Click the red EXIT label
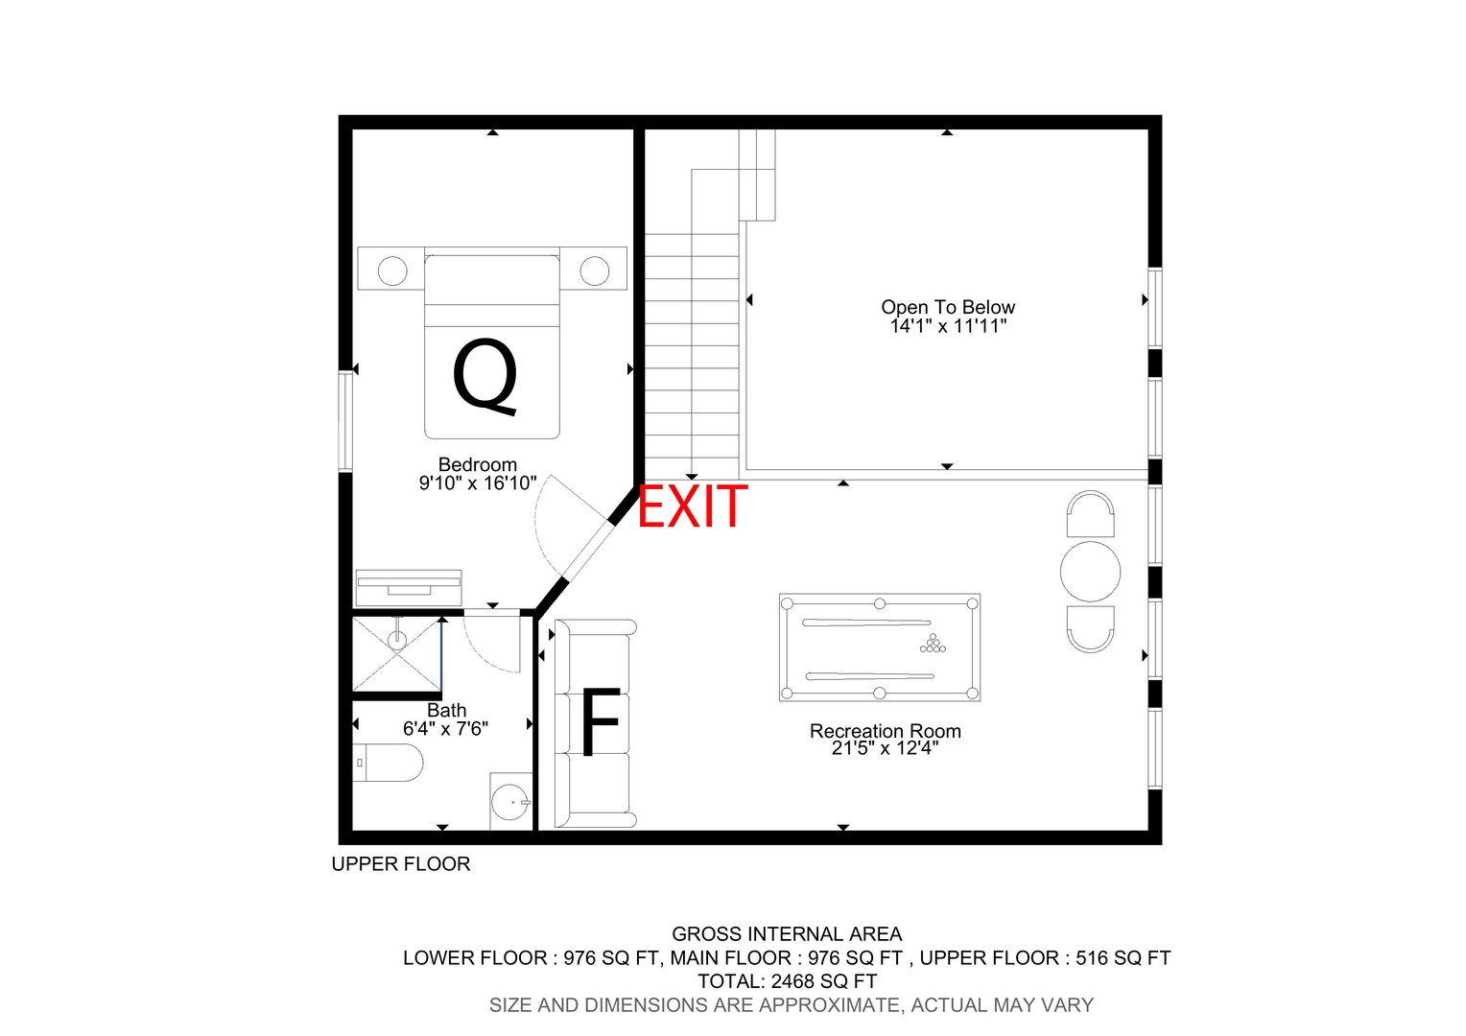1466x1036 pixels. click(x=692, y=506)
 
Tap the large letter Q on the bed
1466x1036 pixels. click(x=485, y=377)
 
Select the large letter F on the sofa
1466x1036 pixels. click(x=601, y=721)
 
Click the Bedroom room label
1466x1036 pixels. click(x=477, y=464)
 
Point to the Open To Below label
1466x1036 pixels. click(x=948, y=307)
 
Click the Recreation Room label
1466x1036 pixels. click(x=885, y=730)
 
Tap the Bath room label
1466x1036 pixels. click(x=446, y=710)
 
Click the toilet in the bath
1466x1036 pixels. click(x=388, y=763)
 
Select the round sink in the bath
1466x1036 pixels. click(x=509, y=802)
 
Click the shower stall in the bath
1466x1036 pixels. click(x=396, y=654)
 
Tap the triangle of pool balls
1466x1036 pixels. click(x=933, y=644)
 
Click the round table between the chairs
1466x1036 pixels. click(x=1090, y=572)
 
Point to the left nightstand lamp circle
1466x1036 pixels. click(x=392, y=271)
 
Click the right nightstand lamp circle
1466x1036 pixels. click(x=594, y=271)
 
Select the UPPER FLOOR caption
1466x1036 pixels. click(x=400, y=864)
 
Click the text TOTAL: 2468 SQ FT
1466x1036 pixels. click(x=787, y=981)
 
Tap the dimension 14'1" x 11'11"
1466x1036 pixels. click(x=948, y=326)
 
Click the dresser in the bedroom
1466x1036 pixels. click(x=409, y=588)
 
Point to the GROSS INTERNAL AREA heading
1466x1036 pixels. click(x=787, y=934)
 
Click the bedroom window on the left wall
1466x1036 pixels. click(x=345, y=421)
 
